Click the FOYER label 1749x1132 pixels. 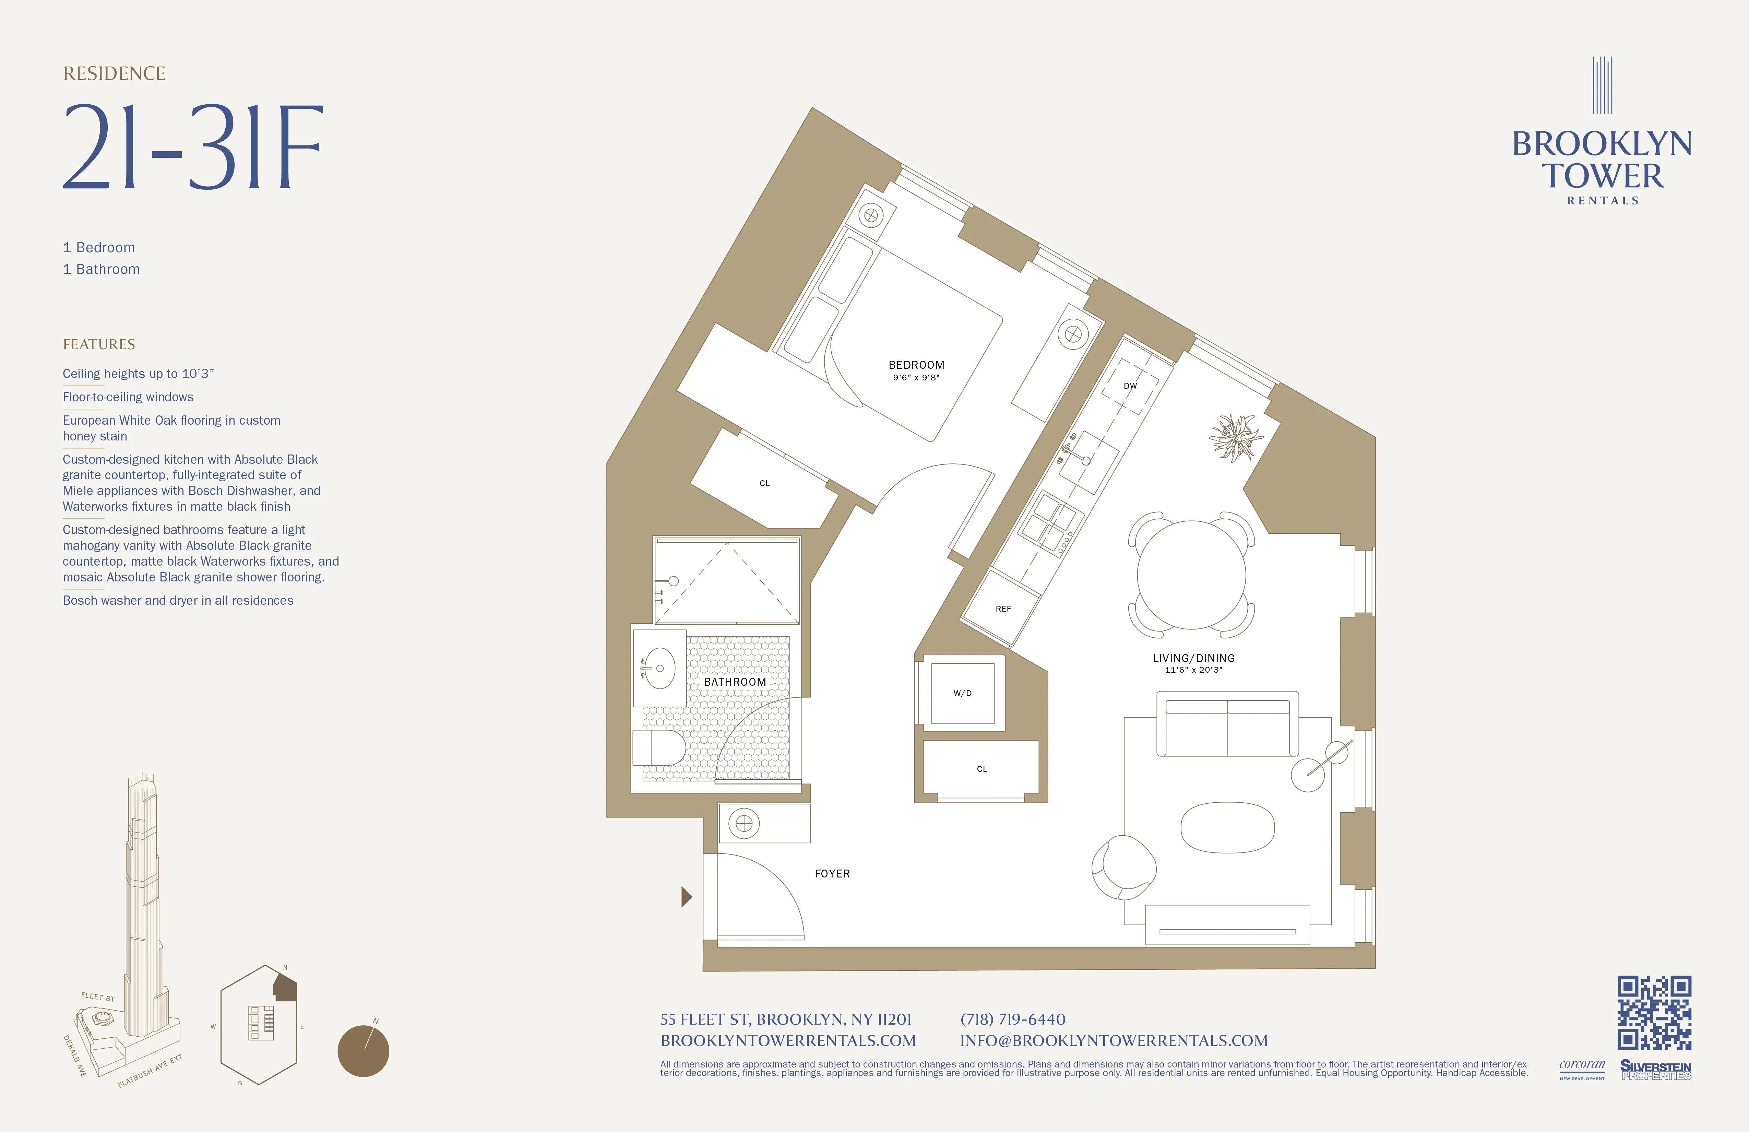832,873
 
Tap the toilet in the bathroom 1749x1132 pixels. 659,747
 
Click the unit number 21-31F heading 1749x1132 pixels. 192,147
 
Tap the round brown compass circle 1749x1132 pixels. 363,1051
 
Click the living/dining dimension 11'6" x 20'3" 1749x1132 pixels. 1193,670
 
